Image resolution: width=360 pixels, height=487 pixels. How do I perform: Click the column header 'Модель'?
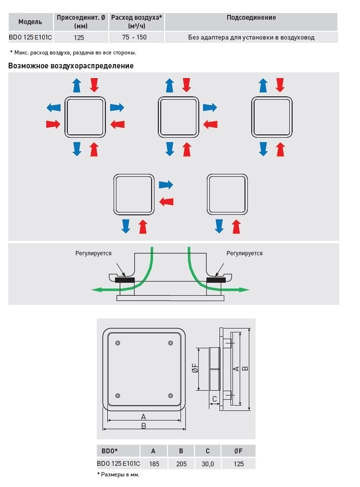[x=30, y=22]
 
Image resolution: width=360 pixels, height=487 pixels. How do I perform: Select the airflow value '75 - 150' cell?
[x=135, y=37]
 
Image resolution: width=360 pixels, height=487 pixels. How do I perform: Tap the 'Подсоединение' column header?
[x=251, y=18]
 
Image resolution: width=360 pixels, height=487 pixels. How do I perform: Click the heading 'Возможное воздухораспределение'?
[x=71, y=66]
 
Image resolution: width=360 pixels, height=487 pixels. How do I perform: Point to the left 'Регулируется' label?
[x=93, y=253]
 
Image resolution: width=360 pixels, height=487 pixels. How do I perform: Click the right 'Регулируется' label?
[x=244, y=253]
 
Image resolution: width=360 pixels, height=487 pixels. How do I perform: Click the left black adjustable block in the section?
[x=125, y=279]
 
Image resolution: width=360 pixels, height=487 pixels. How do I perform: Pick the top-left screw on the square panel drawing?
[x=118, y=342]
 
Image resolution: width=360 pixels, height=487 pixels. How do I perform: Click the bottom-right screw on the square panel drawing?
[x=170, y=395]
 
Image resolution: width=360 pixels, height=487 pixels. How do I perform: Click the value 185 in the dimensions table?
[x=154, y=463]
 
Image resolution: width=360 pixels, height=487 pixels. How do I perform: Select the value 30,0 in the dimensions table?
[x=207, y=463]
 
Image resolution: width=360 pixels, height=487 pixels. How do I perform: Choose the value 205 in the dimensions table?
[x=181, y=463]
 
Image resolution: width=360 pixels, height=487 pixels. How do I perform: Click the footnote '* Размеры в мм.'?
[x=118, y=474]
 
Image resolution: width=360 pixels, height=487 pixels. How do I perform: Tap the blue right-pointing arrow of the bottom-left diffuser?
[x=166, y=184]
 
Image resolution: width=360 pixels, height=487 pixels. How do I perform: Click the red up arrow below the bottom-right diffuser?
[x=236, y=226]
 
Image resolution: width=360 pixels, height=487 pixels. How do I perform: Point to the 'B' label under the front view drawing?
[x=143, y=426]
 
